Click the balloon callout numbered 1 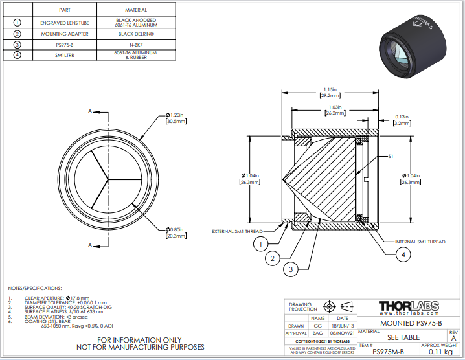[260, 243]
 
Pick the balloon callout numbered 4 [403, 255]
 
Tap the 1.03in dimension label [334, 107]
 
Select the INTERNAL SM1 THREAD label [420, 242]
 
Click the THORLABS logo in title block [408, 306]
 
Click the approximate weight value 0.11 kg [440, 352]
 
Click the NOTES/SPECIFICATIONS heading [35, 287]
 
